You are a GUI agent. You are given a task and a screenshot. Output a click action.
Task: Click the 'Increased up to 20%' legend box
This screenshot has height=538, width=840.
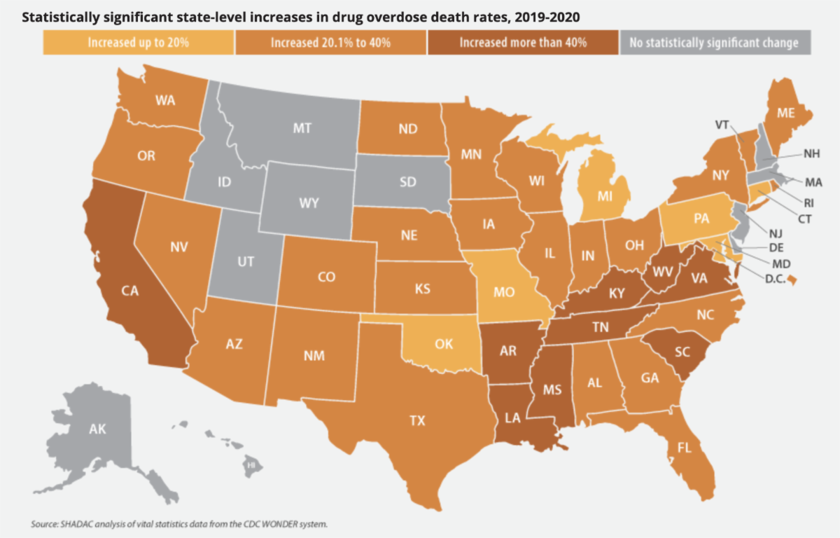click(139, 43)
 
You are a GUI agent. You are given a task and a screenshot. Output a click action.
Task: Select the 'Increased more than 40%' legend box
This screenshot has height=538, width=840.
click(523, 43)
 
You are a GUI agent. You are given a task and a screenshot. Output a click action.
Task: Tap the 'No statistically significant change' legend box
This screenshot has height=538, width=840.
click(715, 43)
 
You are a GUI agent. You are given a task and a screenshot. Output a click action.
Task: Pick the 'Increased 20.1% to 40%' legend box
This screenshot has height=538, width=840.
click(330, 43)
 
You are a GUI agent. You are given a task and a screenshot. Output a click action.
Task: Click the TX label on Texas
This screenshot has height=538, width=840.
click(417, 420)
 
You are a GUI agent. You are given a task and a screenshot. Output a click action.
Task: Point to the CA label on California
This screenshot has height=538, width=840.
click(130, 291)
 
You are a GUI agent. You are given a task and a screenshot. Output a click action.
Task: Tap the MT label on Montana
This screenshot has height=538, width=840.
click(302, 128)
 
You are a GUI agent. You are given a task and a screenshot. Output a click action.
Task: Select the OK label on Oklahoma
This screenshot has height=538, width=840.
click(444, 344)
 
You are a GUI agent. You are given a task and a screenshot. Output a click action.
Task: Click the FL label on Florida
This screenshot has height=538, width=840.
click(685, 448)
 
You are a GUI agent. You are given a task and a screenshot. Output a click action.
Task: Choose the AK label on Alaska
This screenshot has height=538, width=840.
click(97, 429)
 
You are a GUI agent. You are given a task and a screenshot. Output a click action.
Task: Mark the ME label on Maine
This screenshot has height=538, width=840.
click(785, 113)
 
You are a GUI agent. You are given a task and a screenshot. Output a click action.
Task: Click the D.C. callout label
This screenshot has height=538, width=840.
click(775, 279)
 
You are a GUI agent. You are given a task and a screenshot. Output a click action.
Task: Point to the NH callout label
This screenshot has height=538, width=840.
click(811, 153)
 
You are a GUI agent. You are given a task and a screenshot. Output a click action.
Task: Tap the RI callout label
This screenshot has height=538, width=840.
click(808, 203)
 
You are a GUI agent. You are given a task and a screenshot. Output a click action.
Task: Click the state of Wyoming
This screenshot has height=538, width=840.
click(307, 201)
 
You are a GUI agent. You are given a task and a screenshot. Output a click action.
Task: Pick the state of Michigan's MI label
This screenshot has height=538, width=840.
click(605, 196)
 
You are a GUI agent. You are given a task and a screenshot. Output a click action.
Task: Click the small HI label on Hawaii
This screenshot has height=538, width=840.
click(251, 465)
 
